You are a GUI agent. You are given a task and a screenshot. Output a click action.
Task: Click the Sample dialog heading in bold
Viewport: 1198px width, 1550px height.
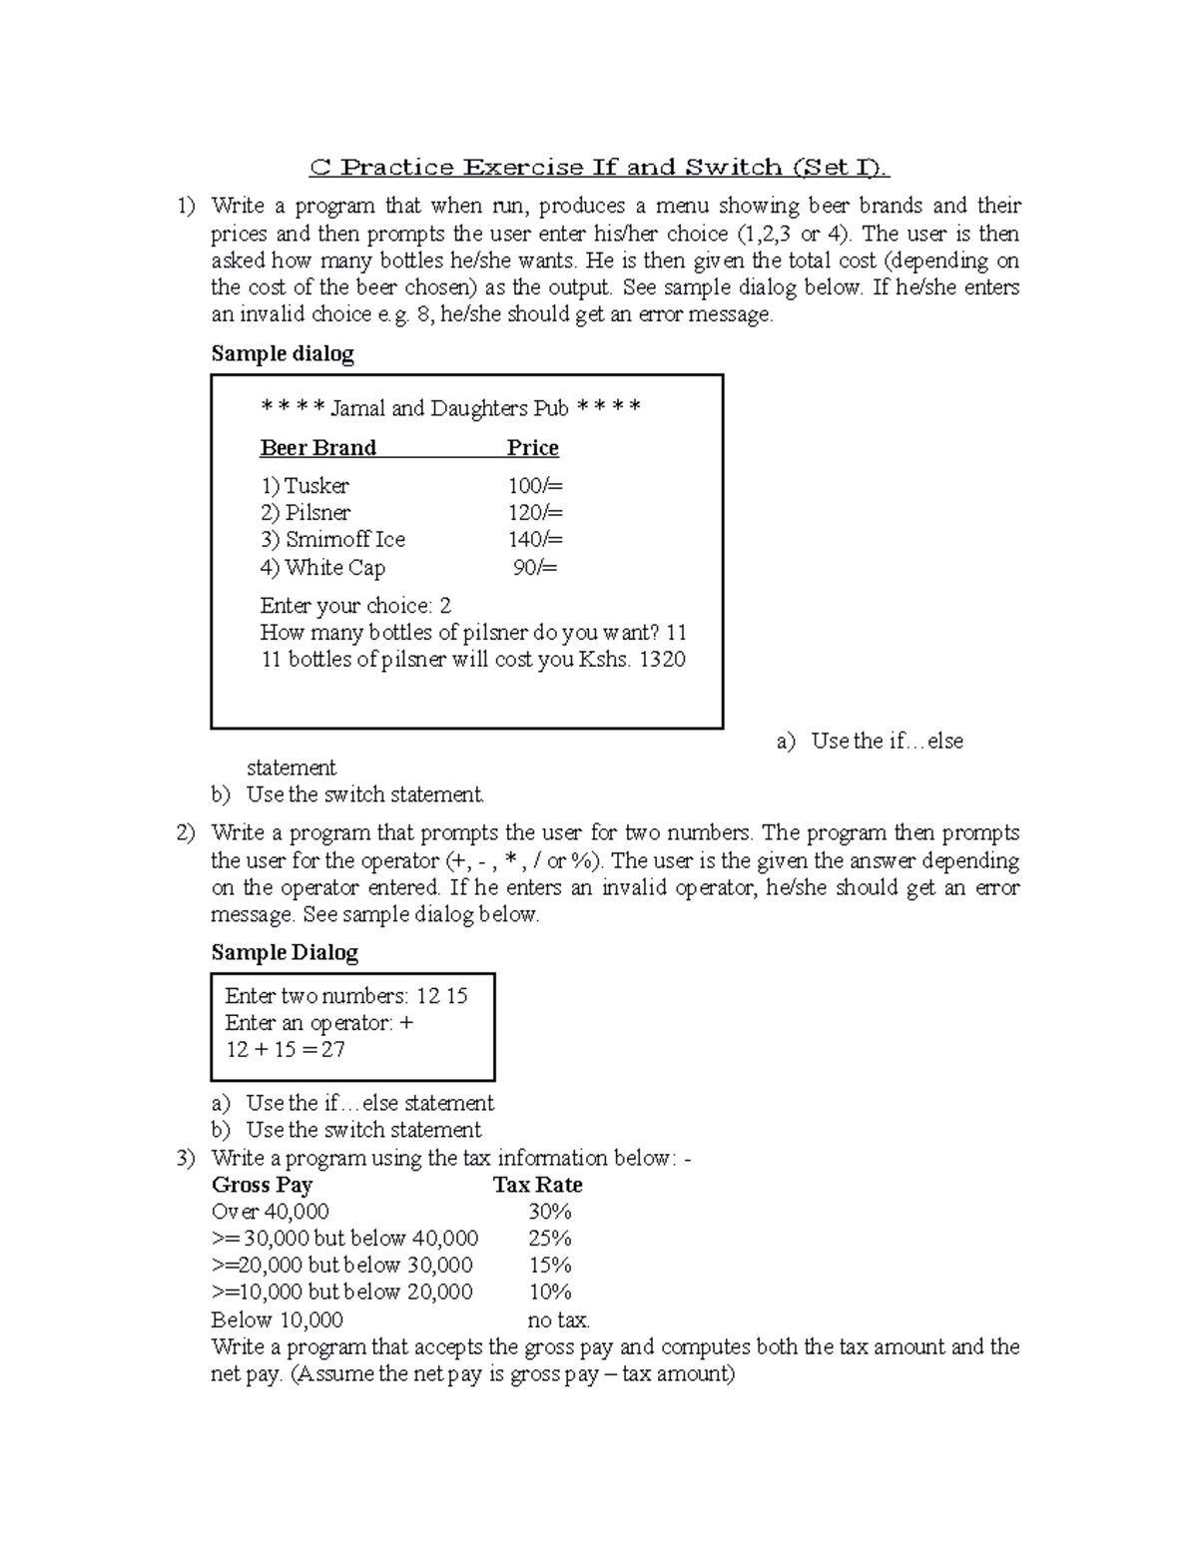click(x=283, y=354)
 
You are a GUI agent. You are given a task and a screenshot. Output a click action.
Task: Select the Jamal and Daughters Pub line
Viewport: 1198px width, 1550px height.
click(x=450, y=408)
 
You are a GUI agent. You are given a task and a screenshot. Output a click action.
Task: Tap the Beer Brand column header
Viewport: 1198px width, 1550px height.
click(x=317, y=448)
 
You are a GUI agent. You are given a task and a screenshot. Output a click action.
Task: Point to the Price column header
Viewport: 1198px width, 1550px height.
click(x=532, y=448)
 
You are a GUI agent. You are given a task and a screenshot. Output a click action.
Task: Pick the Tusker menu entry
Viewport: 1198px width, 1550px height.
click(x=304, y=486)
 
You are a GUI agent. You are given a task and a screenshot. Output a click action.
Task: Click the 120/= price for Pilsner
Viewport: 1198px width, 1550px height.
click(x=535, y=513)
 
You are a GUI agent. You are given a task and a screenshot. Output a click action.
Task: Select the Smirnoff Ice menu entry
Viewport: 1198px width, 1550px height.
click(x=332, y=540)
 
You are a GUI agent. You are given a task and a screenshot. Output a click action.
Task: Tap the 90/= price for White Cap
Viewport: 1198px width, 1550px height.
click(x=535, y=568)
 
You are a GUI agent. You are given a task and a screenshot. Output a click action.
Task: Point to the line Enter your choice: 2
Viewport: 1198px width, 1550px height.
click(x=355, y=606)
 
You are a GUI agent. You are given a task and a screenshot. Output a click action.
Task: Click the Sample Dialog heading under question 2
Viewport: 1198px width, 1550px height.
click(x=285, y=953)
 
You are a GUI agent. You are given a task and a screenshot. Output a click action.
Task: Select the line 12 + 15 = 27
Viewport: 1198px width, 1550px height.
click(x=286, y=1050)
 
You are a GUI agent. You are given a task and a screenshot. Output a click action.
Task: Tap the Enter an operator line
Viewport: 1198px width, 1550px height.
click(x=318, y=1023)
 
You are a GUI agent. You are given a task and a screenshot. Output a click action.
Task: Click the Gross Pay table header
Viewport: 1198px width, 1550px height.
click(x=262, y=1186)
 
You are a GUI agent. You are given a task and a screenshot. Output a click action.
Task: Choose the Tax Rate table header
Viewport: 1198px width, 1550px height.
click(x=537, y=1186)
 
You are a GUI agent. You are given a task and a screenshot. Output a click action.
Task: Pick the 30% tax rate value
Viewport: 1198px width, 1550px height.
click(x=549, y=1213)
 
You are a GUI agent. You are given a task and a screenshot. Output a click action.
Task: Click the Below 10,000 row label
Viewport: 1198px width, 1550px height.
click(x=277, y=1320)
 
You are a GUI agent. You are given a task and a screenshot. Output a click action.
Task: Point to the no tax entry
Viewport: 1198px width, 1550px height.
click(x=558, y=1320)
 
